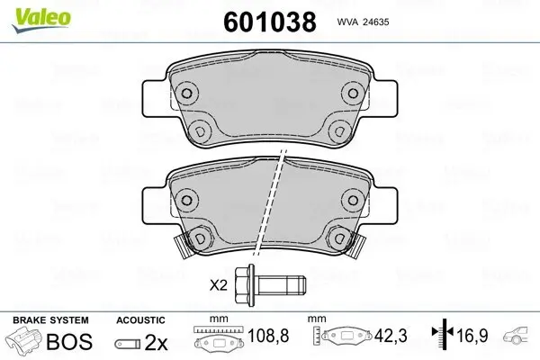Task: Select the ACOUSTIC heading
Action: point(140,320)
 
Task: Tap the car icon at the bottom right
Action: point(520,340)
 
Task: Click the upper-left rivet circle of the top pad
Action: point(186,93)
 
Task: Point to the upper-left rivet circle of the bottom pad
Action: point(187,198)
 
